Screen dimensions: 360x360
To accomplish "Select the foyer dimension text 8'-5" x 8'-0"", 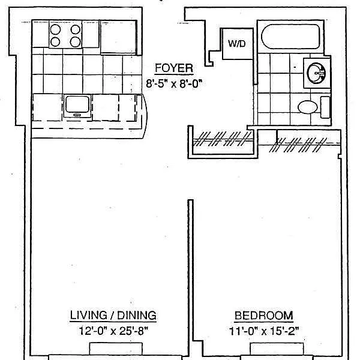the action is pos(173,84).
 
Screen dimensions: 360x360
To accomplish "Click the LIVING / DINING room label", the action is pos(113,315).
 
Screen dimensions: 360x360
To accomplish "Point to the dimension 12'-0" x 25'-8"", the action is pos(113,329).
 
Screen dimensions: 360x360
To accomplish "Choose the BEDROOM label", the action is pos(263,315).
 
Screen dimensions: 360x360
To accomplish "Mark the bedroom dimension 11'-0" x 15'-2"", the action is pos(263,329).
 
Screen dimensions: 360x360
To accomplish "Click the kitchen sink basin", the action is pos(77,105).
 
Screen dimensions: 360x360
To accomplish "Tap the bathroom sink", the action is pos(316,73).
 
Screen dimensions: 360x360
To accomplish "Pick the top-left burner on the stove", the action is pos(56,29).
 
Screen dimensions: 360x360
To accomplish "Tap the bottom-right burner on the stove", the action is pos(75,41).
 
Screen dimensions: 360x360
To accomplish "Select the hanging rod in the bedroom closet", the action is pos(306,143).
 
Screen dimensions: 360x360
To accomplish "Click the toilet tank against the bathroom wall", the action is pos(325,107).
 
